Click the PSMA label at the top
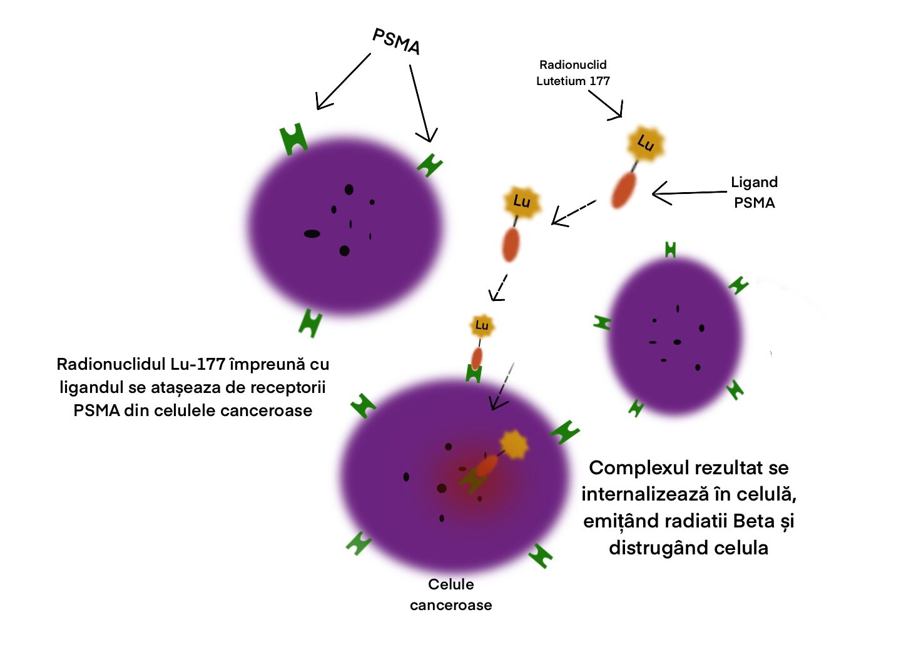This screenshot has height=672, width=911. point(396,41)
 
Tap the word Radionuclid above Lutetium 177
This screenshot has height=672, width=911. point(573,64)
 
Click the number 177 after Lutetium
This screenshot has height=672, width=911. point(599,81)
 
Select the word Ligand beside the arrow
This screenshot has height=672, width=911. point(754,183)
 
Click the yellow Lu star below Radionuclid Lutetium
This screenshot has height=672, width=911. point(646,143)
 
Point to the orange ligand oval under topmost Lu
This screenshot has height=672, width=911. point(623,190)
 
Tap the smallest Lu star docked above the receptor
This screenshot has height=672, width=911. point(482,325)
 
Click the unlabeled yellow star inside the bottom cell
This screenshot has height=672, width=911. point(514,444)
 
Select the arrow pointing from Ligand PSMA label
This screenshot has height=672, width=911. point(690,193)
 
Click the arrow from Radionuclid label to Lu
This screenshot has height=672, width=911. point(606,105)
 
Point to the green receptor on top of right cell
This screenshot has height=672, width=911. point(671,250)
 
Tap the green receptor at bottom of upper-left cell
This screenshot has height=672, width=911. point(310,323)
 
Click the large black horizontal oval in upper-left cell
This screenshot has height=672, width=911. point(312,233)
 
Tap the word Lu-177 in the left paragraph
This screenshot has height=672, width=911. point(198,364)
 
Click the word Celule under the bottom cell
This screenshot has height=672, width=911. point(451,584)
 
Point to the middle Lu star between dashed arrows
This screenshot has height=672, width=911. point(522,201)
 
